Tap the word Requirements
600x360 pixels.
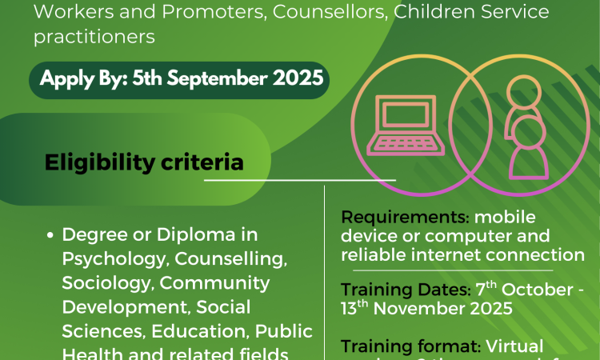click(393, 218)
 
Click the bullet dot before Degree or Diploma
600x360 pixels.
click(50, 236)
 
